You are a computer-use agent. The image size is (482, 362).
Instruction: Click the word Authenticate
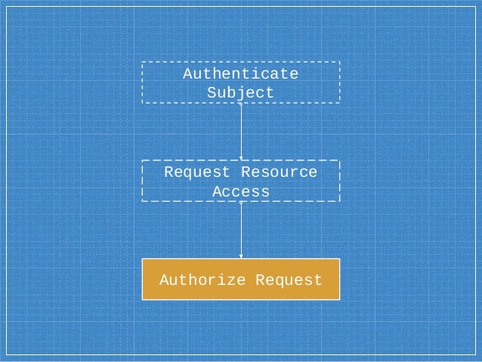(x=241, y=74)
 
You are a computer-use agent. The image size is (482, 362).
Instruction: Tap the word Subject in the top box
(x=241, y=93)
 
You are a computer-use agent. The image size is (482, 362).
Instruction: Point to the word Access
(x=241, y=191)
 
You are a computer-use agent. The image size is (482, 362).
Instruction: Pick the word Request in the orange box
(x=289, y=280)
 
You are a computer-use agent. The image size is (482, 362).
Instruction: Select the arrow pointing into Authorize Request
(x=241, y=230)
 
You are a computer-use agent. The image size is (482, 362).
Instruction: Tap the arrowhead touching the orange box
(x=241, y=256)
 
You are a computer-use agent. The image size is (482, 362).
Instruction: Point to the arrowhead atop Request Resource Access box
(x=241, y=158)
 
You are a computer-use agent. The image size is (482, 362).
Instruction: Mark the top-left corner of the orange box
(x=143, y=259)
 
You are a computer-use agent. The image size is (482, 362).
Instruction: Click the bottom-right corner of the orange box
(x=339, y=300)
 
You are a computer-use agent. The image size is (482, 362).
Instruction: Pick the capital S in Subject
(x=212, y=93)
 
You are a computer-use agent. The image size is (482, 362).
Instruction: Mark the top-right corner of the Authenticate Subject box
(x=340, y=62)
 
